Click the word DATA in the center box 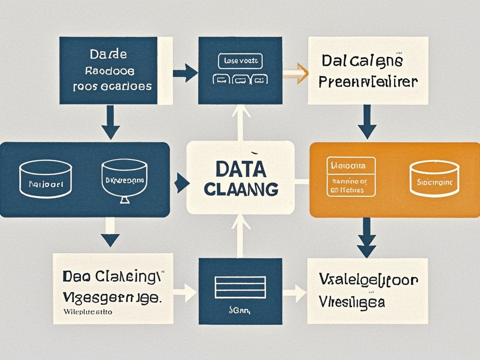coord(240,169)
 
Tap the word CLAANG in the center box coord(240,190)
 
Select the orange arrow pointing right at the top coord(296,73)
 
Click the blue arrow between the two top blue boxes coord(186,73)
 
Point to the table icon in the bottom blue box coord(240,287)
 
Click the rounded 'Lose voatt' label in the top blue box coord(240,61)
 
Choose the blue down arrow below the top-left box coord(110,123)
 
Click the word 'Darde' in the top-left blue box coord(108,55)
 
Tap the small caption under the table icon coord(240,309)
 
